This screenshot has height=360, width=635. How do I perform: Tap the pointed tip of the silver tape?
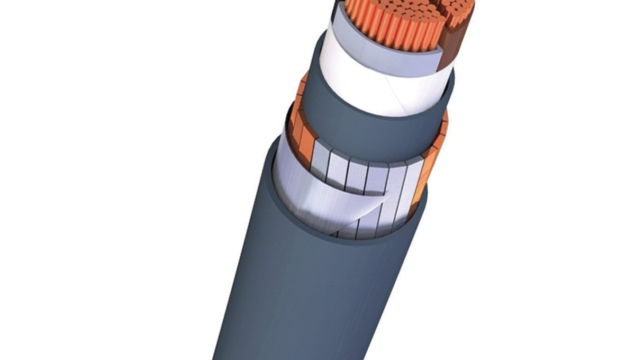click(x=391, y=194)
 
